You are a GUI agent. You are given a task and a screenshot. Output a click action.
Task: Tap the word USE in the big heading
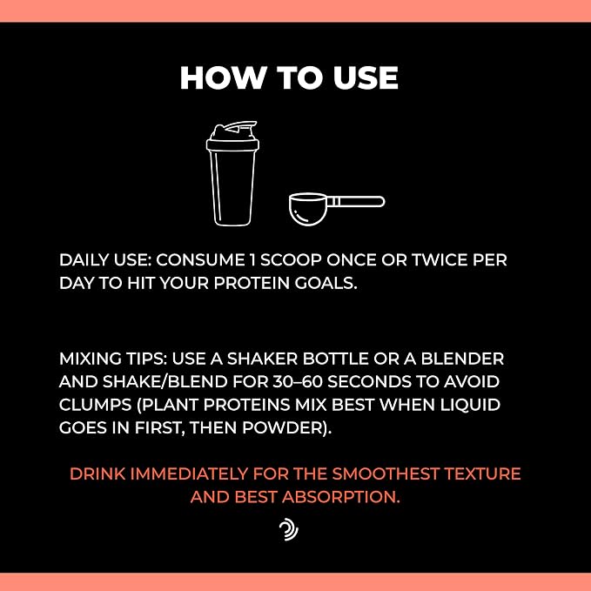point(366,78)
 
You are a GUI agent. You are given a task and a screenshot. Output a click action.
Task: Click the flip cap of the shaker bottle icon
point(233,131)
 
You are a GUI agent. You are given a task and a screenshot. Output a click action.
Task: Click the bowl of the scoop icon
point(307,209)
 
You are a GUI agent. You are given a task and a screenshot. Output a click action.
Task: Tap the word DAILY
point(84,260)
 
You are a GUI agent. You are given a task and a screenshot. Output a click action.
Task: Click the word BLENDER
point(462,359)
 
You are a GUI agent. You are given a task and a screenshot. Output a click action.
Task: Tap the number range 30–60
point(298,382)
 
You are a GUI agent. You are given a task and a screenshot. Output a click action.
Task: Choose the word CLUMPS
point(96,405)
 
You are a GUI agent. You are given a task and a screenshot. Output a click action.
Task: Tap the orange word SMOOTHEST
point(386,473)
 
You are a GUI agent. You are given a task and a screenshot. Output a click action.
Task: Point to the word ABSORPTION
point(340,497)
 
